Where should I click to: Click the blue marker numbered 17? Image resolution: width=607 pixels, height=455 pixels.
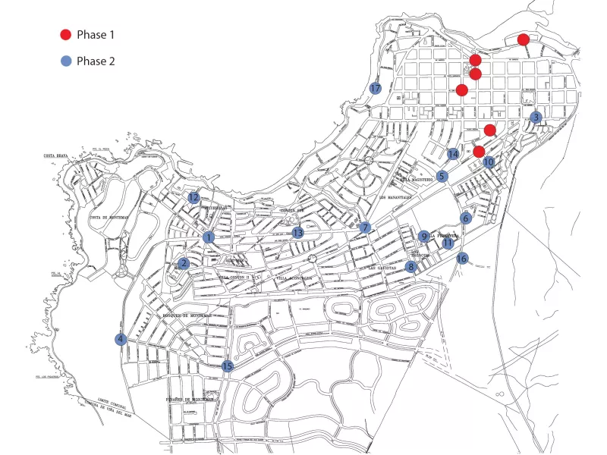tap(376, 89)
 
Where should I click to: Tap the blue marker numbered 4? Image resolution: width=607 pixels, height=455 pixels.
tap(121, 339)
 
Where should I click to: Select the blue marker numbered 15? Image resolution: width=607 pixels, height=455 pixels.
tap(227, 366)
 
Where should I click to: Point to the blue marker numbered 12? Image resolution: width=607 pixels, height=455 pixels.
tap(194, 198)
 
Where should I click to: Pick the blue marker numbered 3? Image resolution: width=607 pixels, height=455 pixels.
tap(536, 118)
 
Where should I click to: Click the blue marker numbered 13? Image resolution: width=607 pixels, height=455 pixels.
tap(298, 233)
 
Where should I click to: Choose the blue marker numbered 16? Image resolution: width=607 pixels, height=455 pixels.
tap(463, 258)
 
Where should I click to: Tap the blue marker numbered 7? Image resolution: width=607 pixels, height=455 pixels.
tap(365, 227)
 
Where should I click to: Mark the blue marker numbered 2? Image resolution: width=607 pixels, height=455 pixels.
tap(184, 263)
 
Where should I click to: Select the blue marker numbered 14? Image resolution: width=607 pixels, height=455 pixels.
tap(453, 154)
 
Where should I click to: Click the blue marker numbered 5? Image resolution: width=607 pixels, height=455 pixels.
tap(442, 176)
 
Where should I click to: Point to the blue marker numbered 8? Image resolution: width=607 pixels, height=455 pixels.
tap(411, 266)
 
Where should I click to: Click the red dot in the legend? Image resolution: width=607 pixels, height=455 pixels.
tap(65, 34)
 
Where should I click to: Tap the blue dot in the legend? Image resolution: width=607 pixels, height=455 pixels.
tap(65, 61)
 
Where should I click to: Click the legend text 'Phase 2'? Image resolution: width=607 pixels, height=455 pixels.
tap(96, 61)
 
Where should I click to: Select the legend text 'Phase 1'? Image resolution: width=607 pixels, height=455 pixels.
tap(96, 34)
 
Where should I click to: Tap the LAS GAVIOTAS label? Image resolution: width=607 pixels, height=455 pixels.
tap(382, 268)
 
